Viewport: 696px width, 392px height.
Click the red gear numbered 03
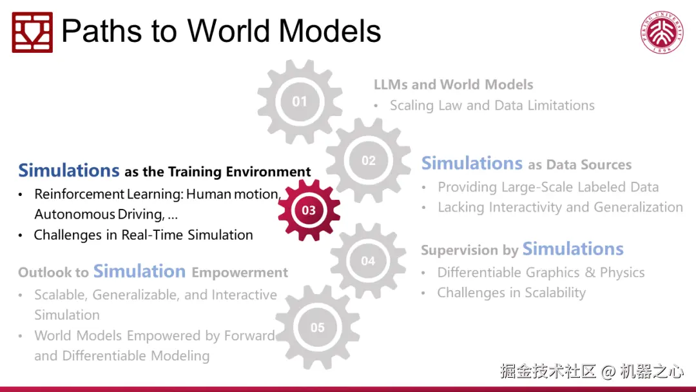(x=309, y=210)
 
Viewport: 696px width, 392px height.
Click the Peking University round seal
(x=662, y=32)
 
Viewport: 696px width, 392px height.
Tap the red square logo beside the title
(x=32, y=32)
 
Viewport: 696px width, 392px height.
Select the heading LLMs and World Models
(x=453, y=84)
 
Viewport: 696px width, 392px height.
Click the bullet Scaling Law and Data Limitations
(x=492, y=105)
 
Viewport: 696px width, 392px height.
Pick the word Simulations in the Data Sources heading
(x=472, y=163)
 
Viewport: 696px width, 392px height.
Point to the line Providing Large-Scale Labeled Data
(x=548, y=187)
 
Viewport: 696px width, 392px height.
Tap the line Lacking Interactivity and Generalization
(x=560, y=208)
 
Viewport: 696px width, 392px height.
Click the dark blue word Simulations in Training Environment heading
(x=69, y=170)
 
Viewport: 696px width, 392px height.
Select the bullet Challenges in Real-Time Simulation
(x=143, y=235)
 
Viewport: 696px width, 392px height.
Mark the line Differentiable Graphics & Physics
(x=541, y=272)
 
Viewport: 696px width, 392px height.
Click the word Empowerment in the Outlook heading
(x=240, y=272)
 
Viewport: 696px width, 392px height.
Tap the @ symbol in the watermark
(x=608, y=371)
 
